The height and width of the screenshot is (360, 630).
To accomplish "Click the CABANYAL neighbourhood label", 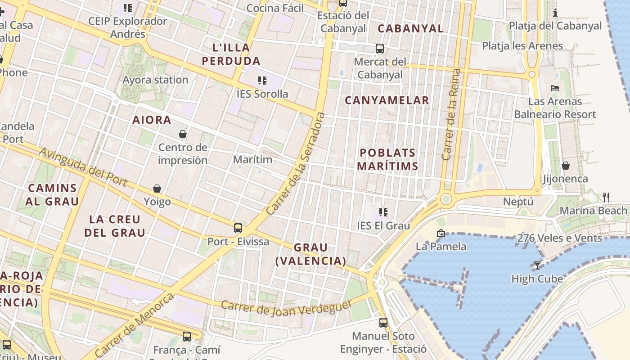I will (x=410, y=28).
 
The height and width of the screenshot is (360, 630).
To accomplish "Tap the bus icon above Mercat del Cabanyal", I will (x=380, y=48).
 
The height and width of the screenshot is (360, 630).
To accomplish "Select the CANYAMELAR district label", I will (x=387, y=100).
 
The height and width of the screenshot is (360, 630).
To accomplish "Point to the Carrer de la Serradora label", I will (x=295, y=164).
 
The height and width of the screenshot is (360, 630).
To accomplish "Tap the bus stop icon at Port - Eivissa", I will (x=238, y=228).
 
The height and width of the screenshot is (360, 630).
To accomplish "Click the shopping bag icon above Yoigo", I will (x=157, y=189).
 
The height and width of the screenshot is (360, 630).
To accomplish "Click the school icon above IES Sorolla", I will (x=262, y=81).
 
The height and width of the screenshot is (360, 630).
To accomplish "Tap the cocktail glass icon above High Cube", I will (x=537, y=265).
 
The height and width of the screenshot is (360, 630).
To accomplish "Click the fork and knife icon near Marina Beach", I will (x=606, y=197).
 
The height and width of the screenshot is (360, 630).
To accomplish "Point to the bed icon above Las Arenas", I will (x=555, y=88).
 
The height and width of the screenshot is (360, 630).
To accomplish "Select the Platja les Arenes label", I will (x=522, y=46).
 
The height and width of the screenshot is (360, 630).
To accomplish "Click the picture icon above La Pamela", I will (x=441, y=233).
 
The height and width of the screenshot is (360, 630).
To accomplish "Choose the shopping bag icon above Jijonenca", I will (x=566, y=166).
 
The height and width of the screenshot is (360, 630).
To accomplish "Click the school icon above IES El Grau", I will (x=383, y=212).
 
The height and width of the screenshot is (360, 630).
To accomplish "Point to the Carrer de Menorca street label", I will (x=135, y=325).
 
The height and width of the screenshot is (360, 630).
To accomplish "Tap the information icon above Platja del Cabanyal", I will (x=555, y=13).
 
